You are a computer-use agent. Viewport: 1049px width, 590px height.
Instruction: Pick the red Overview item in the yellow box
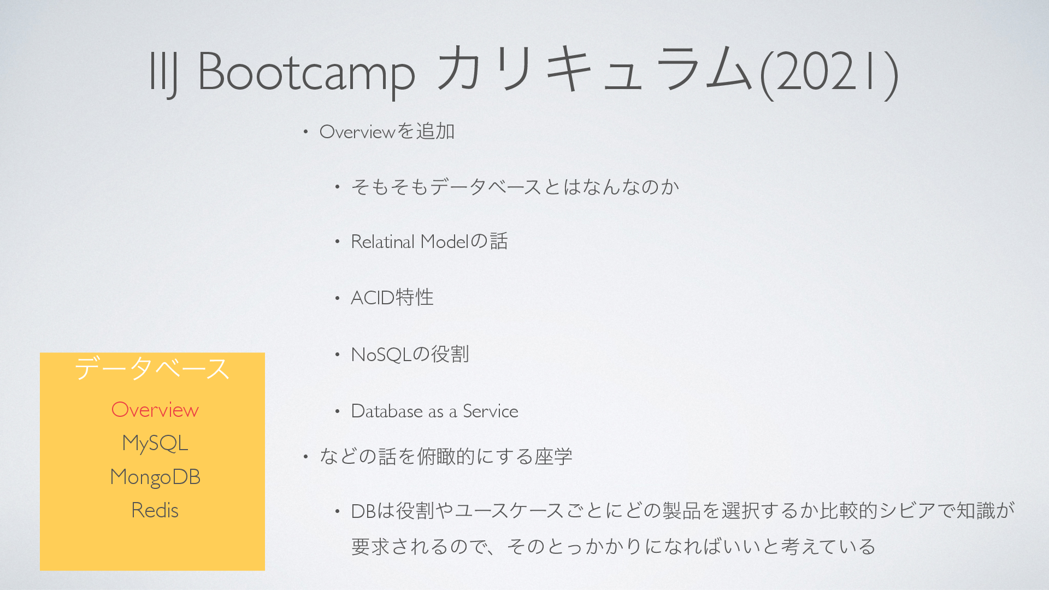(155, 410)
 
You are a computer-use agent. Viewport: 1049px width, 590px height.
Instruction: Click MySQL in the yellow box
(155, 443)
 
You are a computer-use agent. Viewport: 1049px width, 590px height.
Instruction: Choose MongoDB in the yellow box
(155, 477)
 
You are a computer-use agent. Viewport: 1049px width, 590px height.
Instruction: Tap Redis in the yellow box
(155, 510)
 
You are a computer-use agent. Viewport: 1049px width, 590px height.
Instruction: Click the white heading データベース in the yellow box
(152, 368)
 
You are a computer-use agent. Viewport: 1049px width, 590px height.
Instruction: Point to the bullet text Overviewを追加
(387, 132)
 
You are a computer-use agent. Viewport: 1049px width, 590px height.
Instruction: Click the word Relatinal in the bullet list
(383, 241)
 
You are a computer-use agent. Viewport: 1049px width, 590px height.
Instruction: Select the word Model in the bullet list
(445, 241)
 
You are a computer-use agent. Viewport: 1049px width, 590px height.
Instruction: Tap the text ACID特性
(392, 298)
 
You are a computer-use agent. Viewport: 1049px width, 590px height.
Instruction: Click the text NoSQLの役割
(410, 355)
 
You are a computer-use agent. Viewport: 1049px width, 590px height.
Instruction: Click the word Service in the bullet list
(491, 411)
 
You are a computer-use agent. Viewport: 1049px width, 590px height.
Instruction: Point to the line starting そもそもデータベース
(515, 187)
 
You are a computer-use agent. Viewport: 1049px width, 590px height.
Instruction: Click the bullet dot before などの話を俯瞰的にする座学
(306, 456)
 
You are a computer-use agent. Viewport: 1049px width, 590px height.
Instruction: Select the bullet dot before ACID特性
(338, 298)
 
